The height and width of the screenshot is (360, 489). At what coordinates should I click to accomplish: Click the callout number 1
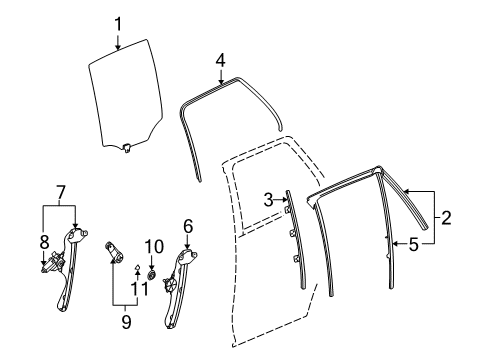coord(117,22)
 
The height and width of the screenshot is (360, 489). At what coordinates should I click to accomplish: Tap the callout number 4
coord(220,60)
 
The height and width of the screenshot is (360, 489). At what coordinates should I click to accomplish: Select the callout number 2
coord(448,217)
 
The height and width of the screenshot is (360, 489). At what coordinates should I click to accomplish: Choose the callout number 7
coord(60,190)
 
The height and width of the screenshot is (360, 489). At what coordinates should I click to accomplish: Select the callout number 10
coord(150,245)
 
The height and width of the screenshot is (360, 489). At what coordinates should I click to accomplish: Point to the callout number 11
coord(136,290)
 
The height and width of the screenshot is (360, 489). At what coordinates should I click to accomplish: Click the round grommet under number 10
coord(150,271)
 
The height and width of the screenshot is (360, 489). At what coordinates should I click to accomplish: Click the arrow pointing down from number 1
coord(117,40)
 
